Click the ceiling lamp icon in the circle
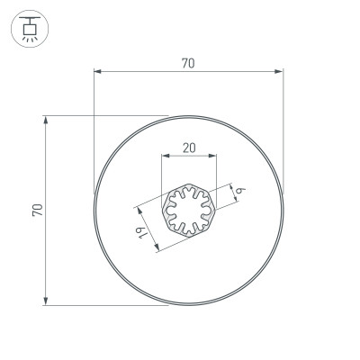(x=31, y=30)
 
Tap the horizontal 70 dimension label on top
(x=188, y=63)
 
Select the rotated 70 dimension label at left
(x=37, y=209)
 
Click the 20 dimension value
(x=189, y=148)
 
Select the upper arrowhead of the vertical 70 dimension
(x=45, y=119)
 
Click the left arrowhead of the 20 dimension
(x=165, y=156)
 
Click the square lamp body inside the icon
(x=31, y=28)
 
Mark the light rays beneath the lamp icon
(x=31, y=39)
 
